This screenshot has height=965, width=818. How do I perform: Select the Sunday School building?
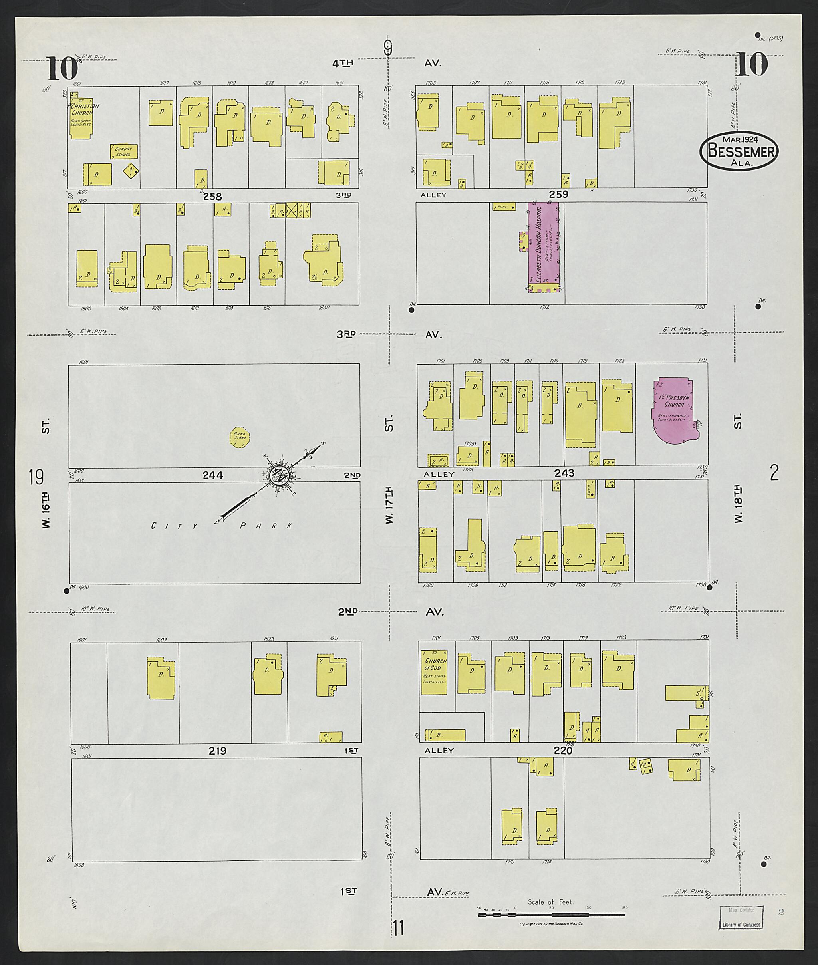click(123, 151)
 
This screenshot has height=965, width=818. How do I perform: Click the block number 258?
click(212, 196)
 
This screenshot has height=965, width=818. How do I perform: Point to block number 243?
click(564, 473)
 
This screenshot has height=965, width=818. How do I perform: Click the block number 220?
click(563, 750)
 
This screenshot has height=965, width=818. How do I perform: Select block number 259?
click(558, 194)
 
